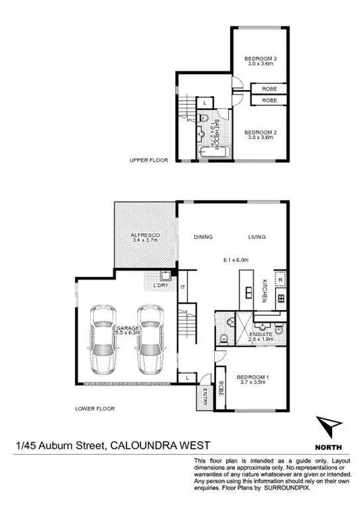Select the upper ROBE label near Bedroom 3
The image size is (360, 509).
pyautogui.click(x=270, y=87)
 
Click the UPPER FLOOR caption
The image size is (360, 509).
pyautogui.click(x=149, y=160)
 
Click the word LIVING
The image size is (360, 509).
pyautogui.click(x=257, y=236)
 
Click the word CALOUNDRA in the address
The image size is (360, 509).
pyautogui.click(x=141, y=446)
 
